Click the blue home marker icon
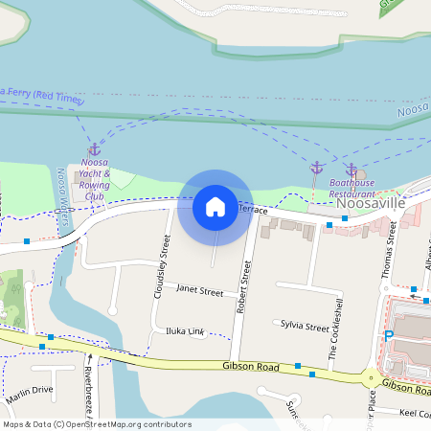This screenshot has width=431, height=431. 215,207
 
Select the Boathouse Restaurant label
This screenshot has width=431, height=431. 352,187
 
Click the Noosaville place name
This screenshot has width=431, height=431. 373,204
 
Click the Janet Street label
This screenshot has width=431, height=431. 200,290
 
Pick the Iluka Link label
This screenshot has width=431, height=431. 185,331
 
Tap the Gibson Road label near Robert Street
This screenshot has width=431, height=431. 251,366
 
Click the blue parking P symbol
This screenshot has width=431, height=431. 388,336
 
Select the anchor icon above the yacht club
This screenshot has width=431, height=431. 94,150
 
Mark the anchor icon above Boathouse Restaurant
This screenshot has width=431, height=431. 352,170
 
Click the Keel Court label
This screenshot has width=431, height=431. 414,413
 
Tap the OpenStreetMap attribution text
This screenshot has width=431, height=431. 96,424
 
